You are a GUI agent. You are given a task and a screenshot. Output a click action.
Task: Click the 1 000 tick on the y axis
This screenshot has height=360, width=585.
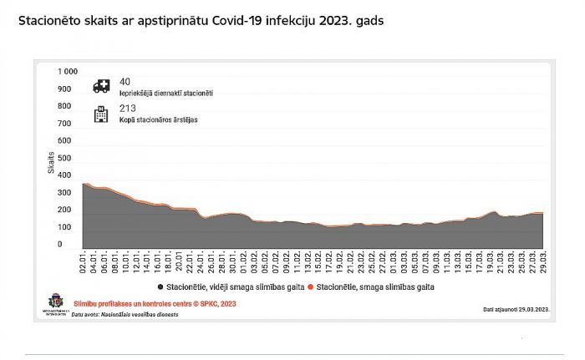click(x=67, y=72)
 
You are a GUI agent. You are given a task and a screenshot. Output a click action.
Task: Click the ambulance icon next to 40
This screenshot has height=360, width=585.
click(x=101, y=85)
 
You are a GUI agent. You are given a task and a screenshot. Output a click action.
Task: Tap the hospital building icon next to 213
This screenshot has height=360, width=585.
click(x=101, y=113)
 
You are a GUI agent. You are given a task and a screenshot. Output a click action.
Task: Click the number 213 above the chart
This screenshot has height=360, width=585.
click(x=127, y=108)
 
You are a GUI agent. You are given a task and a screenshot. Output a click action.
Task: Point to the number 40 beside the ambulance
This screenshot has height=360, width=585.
click(x=125, y=81)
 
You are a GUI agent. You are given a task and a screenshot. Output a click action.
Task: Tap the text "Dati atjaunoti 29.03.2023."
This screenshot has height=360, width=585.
click(x=516, y=309)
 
